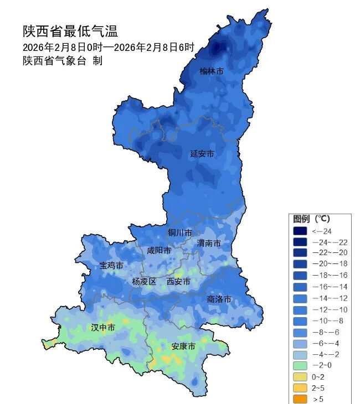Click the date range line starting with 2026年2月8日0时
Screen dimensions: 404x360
tap(109, 47)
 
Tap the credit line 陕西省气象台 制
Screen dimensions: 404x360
tap(63, 61)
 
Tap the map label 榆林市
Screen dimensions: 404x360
tap(212, 71)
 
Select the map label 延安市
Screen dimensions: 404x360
tap(202, 153)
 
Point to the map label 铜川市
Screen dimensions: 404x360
tap(180, 232)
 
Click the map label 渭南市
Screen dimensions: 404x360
tap(209, 244)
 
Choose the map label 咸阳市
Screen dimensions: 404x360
tap(159, 251)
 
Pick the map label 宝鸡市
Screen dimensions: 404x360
tap(111, 266)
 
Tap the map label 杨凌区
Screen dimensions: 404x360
tap(144, 282)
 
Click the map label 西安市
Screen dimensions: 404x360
tap(178, 282)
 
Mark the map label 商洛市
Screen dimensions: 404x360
tap(219, 299)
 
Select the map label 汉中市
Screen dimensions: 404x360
tap(103, 328)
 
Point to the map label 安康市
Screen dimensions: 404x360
tap(183, 346)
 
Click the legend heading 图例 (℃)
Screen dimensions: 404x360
tap(315, 219)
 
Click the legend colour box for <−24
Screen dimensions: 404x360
tap(300, 231)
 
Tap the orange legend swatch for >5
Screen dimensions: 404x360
tap(300, 399)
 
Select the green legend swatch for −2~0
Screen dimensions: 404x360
tap(300, 366)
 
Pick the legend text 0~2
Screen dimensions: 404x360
tap(319, 377)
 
